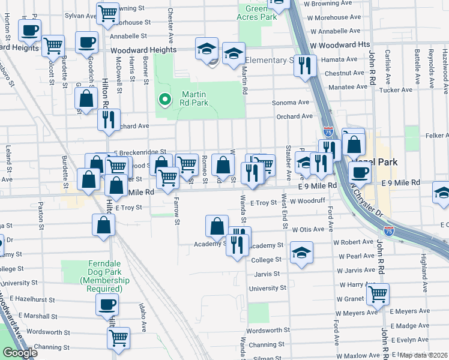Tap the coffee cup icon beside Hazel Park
pos(360,172)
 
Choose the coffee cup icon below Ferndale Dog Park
pos(107,304)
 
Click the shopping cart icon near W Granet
pos(378,293)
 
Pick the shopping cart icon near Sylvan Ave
pos(107,12)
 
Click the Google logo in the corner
pos(20,353)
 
